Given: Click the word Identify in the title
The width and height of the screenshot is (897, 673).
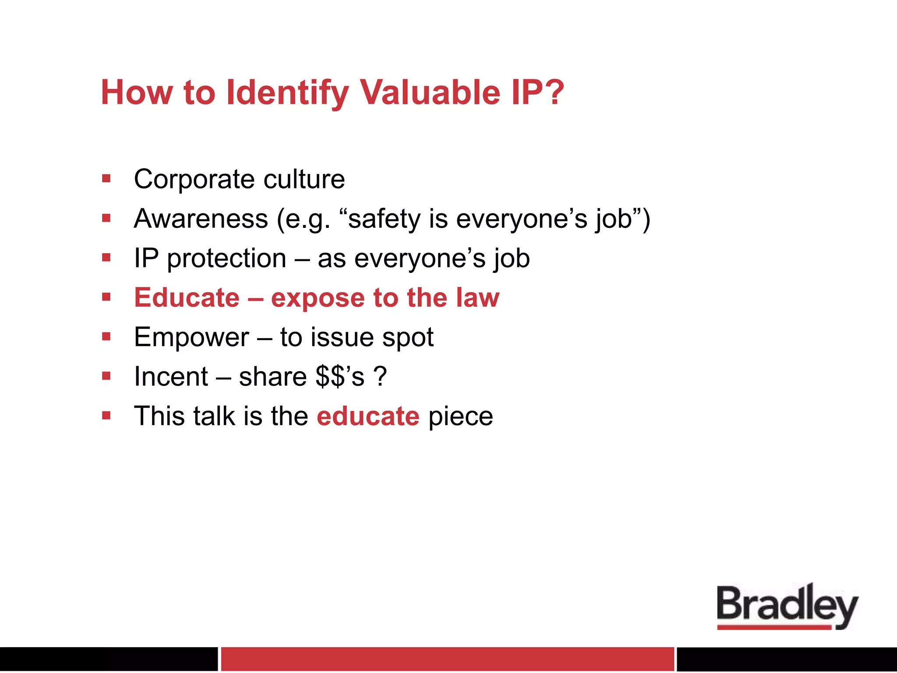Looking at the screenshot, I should click(287, 93).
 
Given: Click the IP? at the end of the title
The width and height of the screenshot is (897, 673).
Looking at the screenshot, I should click(537, 93).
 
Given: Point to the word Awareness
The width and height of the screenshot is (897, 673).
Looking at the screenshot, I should click(201, 219).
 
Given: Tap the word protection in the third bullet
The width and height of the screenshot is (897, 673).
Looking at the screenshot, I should click(226, 258).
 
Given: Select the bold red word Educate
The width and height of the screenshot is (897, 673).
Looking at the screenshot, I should click(187, 298).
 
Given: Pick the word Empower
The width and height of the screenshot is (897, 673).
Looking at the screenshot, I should click(191, 337).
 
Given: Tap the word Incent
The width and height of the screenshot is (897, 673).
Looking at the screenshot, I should click(171, 377).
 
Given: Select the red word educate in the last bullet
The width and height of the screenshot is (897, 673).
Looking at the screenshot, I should click(368, 416).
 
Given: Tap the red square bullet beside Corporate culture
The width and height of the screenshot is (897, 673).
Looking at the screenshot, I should click(106, 179).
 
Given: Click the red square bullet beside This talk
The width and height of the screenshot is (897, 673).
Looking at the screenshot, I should click(106, 415).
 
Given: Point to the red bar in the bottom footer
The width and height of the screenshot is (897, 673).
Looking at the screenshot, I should click(447, 659).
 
